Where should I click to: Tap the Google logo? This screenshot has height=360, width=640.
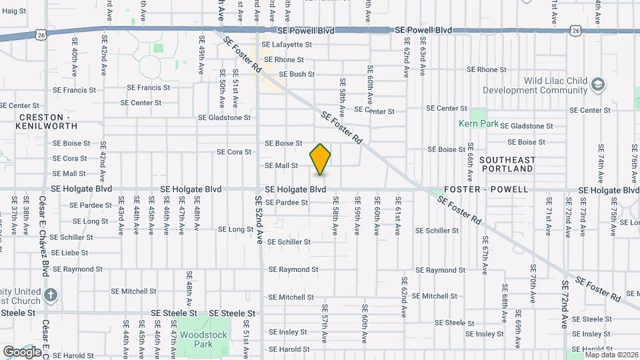tap(22, 351)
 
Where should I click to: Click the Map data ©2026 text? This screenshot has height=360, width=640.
tap(611, 355)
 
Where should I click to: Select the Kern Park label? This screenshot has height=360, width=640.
tap(474, 123)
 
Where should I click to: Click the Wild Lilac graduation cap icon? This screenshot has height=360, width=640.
tap(597, 85)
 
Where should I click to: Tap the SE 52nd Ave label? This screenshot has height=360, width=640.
tap(259, 220)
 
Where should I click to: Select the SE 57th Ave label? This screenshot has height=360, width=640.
tap(325, 323)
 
